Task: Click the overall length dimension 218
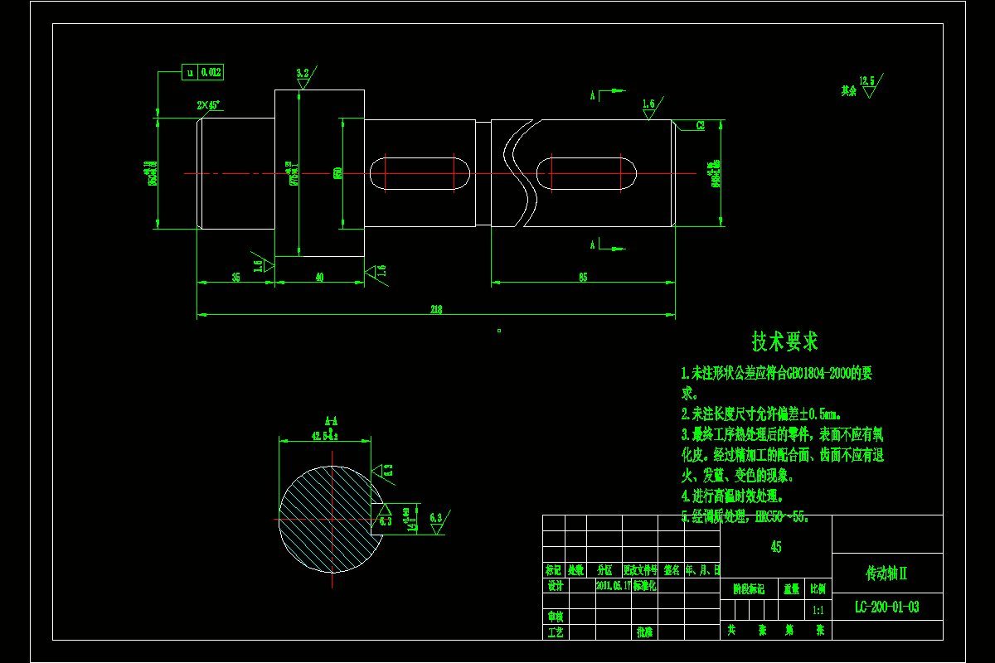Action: point(436,310)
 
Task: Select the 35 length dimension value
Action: point(235,278)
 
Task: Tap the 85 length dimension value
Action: point(583,278)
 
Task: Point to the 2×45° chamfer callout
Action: point(208,105)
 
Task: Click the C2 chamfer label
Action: point(700,125)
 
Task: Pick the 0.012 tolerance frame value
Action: point(211,73)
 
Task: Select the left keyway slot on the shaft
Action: point(419,173)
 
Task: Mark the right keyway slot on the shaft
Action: point(586,173)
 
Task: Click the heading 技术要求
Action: point(784,341)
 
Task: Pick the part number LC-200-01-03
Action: point(886,607)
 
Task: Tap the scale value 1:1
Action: point(818,610)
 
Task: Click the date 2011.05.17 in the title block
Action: point(614,585)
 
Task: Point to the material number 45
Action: point(775,547)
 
